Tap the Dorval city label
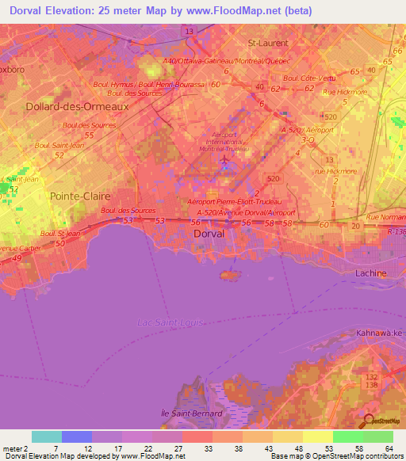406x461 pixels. click(x=210, y=234)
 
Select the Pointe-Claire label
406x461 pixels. click(x=79, y=195)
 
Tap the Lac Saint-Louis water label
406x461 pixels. click(x=169, y=322)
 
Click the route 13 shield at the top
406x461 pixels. click(x=189, y=30)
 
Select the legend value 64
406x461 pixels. click(x=388, y=448)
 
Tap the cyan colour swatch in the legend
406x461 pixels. click(x=47, y=436)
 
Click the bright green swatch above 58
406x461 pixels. click(x=348, y=436)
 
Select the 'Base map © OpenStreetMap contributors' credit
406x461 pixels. click(x=336, y=456)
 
